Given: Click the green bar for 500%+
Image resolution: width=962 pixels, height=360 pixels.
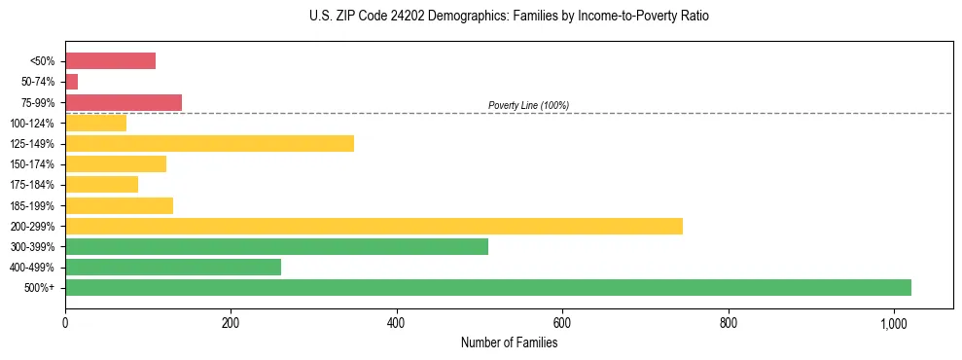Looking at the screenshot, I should tap(487, 287).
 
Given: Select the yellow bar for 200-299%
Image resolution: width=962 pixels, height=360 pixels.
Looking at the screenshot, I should tap(374, 226).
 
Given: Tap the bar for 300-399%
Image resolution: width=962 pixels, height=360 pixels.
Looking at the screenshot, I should tap(276, 246).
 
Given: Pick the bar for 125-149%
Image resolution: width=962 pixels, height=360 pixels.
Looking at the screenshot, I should tap(209, 143).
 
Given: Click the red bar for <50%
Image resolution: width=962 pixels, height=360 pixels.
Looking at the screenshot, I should tap(110, 60).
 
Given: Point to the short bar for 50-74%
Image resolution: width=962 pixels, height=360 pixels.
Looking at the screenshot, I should tap(71, 82).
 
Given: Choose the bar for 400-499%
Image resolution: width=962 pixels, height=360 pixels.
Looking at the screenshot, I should tap(172, 267).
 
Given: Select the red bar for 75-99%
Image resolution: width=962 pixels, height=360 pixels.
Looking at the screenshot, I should tap(124, 102).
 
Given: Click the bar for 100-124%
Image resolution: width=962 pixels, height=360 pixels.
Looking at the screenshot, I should tap(95, 123).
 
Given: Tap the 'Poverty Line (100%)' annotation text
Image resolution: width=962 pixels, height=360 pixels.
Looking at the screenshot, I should tap(528, 105).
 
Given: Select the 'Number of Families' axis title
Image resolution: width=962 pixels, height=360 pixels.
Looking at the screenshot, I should tap(509, 342).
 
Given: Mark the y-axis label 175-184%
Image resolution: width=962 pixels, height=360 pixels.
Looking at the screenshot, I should tap(32, 185).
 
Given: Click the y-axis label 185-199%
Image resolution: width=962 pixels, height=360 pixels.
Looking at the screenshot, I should tap(32, 205).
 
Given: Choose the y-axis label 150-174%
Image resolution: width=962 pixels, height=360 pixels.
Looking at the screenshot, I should tap(32, 164).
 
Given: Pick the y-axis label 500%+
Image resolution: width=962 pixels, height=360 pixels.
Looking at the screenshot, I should tap(39, 288).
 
